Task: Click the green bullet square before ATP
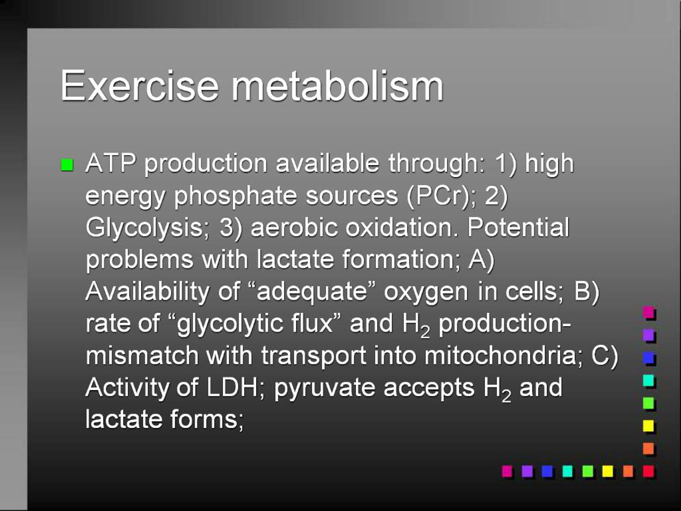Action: click(x=67, y=165)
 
